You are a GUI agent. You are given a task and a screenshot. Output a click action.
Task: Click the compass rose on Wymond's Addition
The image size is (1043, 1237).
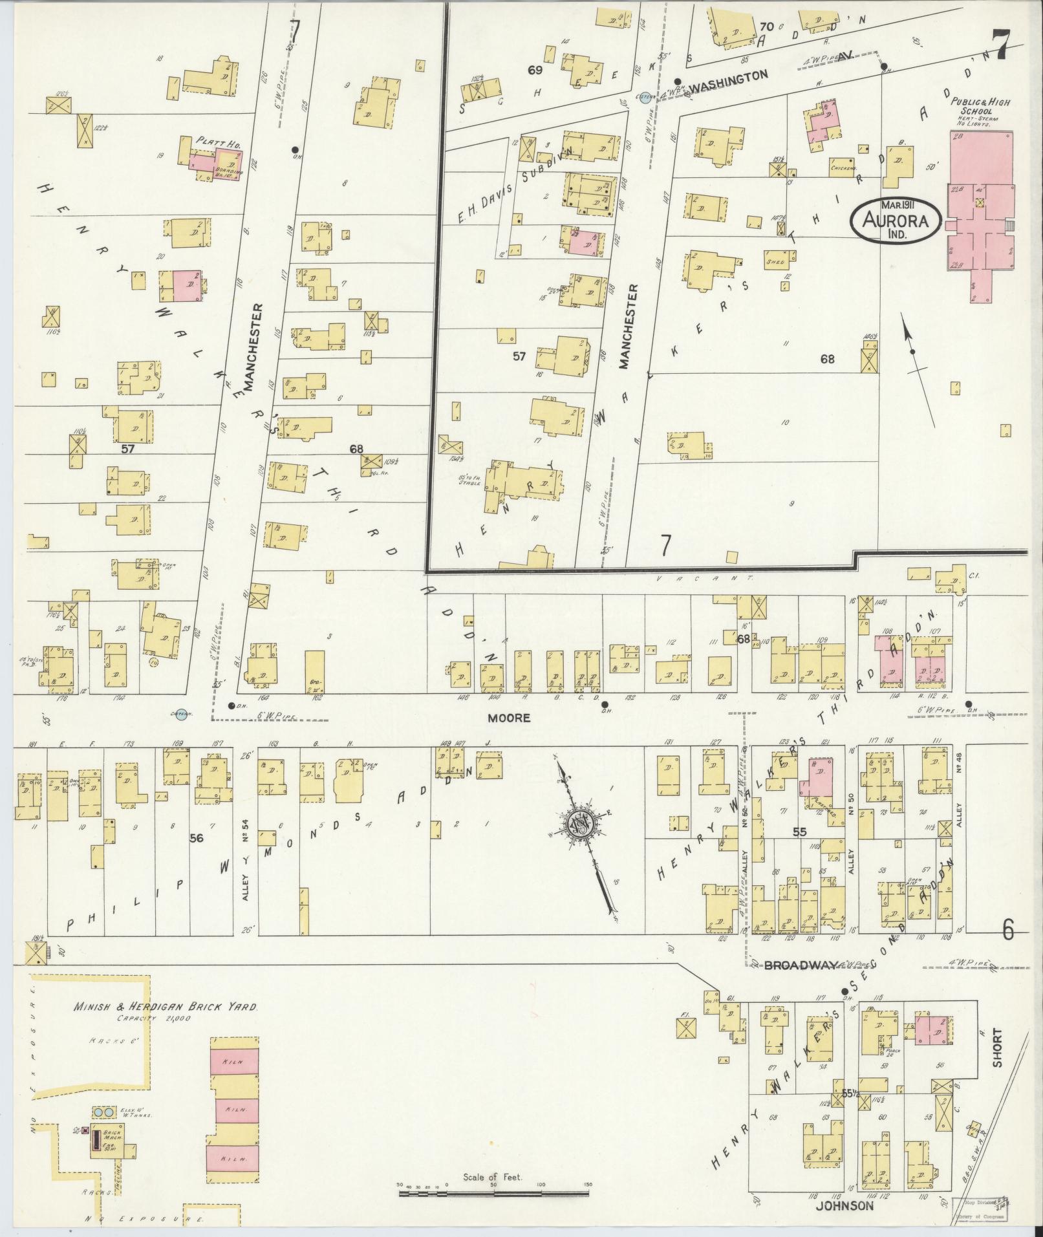(581, 823)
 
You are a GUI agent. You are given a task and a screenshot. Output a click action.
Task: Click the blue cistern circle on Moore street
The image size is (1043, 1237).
(183, 714)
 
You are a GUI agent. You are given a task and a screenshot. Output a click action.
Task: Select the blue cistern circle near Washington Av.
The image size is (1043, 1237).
(643, 98)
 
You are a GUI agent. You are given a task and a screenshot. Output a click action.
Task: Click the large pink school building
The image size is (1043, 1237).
(980, 207)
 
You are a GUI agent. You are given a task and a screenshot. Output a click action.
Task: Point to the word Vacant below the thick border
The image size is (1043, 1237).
(705, 578)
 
